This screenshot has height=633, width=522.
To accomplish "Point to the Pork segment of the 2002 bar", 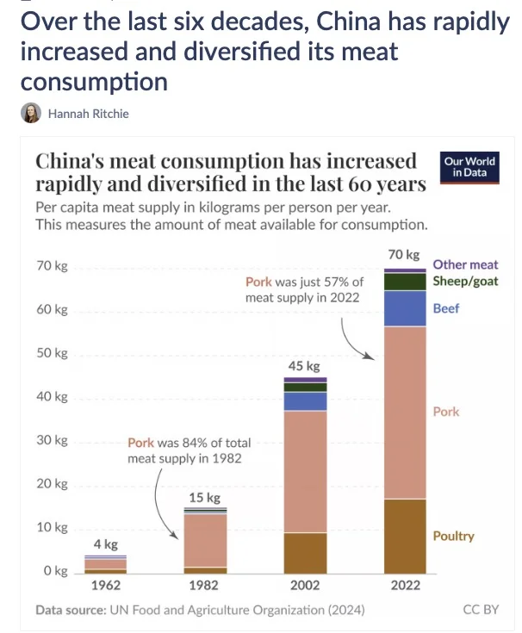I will point(305,471).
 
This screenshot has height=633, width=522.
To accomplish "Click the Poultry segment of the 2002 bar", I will point(305,552).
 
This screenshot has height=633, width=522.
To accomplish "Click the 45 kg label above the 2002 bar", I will point(305,366).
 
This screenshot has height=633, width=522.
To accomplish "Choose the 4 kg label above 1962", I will point(105,543).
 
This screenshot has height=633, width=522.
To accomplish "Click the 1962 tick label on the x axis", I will point(105,586).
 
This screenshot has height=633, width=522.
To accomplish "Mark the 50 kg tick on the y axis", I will point(54,353).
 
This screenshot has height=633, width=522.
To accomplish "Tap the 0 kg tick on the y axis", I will point(56,571).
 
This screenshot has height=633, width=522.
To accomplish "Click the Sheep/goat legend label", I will point(465,281).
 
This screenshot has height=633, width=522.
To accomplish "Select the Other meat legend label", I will point(465,265).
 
